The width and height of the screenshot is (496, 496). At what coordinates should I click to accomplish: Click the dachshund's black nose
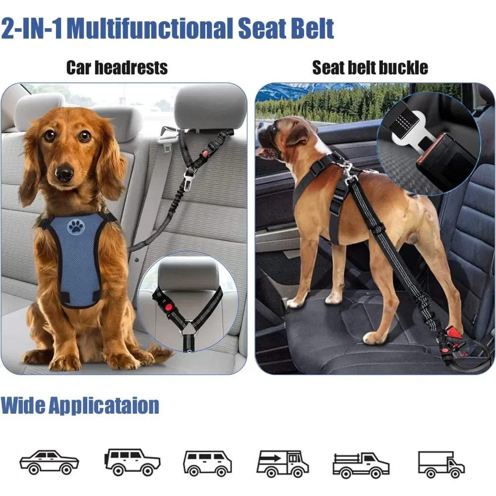point(64,173)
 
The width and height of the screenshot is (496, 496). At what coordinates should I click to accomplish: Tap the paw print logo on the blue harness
point(76,227)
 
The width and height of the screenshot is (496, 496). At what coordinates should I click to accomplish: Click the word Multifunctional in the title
point(150,29)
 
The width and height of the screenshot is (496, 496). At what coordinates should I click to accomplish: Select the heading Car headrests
point(117,67)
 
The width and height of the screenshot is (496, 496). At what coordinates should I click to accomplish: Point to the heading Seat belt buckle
point(370,67)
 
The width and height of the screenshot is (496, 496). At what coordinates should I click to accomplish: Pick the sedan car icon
point(49,462)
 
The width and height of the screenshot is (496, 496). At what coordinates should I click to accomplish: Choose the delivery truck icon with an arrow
point(282,463)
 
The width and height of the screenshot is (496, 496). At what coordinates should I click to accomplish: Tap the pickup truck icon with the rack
point(361,464)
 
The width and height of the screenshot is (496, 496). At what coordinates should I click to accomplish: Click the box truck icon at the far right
point(441,464)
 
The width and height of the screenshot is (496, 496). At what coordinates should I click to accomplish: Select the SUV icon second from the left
point(132,462)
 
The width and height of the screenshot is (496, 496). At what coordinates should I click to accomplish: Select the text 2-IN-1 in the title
point(32,29)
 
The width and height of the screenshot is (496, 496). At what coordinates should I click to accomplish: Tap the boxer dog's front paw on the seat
point(295,302)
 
